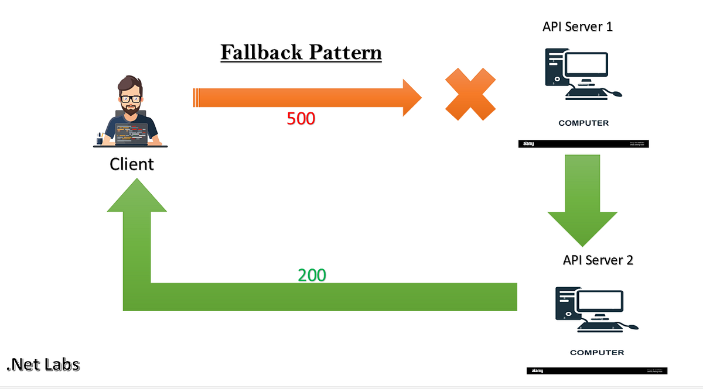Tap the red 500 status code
click(x=301, y=119)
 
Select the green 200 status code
click(x=312, y=275)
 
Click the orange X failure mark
click(x=470, y=94)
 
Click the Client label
click(x=132, y=164)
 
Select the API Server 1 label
click(x=578, y=27)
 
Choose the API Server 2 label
click(x=598, y=260)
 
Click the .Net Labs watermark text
click(x=43, y=365)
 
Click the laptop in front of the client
click(x=132, y=134)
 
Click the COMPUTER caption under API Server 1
click(x=583, y=123)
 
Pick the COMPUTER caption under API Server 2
click(x=597, y=353)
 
